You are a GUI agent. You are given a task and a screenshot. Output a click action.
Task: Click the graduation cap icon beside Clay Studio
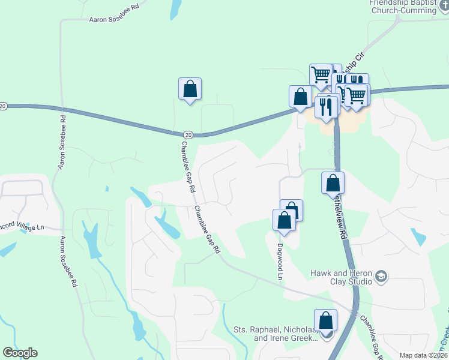[x=380, y=277]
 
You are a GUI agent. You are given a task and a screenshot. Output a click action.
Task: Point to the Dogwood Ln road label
[x=280, y=262]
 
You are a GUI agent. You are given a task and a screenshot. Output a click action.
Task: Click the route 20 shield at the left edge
[x=3, y=106]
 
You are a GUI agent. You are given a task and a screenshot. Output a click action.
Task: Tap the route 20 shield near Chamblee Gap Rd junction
[x=188, y=134]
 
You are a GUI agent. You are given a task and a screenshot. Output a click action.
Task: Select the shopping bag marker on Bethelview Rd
[x=333, y=182]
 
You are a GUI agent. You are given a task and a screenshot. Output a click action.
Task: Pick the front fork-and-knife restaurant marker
[x=326, y=106]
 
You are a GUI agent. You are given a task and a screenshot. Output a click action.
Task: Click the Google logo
[x=20, y=353]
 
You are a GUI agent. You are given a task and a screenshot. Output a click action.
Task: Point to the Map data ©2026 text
[x=423, y=355]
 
